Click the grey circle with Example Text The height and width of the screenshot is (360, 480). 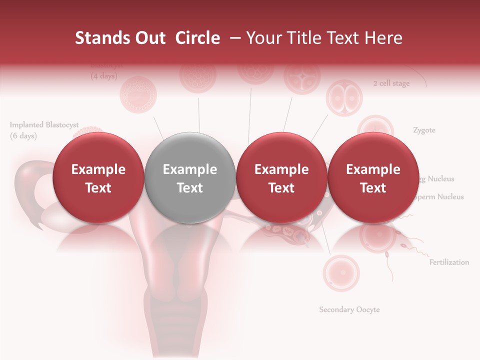click(190, 178)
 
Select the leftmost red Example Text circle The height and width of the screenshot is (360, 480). click(98, 178)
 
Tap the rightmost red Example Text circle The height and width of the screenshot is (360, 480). click(373, 178)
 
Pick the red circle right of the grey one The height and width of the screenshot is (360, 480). click(281, 178)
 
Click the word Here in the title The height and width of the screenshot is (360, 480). click(383, 38)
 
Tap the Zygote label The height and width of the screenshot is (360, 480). click(424, 130)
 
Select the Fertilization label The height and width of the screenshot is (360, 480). click(449, 262)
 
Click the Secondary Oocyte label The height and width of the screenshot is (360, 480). click(349, 309)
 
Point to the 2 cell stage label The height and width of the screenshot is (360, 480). click(391, 83)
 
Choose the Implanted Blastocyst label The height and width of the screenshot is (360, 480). click(44, 125)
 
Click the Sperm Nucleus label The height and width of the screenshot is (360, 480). click(439, 197)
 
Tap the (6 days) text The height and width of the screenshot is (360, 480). click(23, 136)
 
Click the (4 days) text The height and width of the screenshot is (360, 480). click(103, 76)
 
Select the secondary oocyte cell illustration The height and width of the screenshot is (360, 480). click(341, 273)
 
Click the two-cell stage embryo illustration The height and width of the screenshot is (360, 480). click(343, 97)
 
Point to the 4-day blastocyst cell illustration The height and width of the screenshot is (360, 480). click(138, 93)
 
